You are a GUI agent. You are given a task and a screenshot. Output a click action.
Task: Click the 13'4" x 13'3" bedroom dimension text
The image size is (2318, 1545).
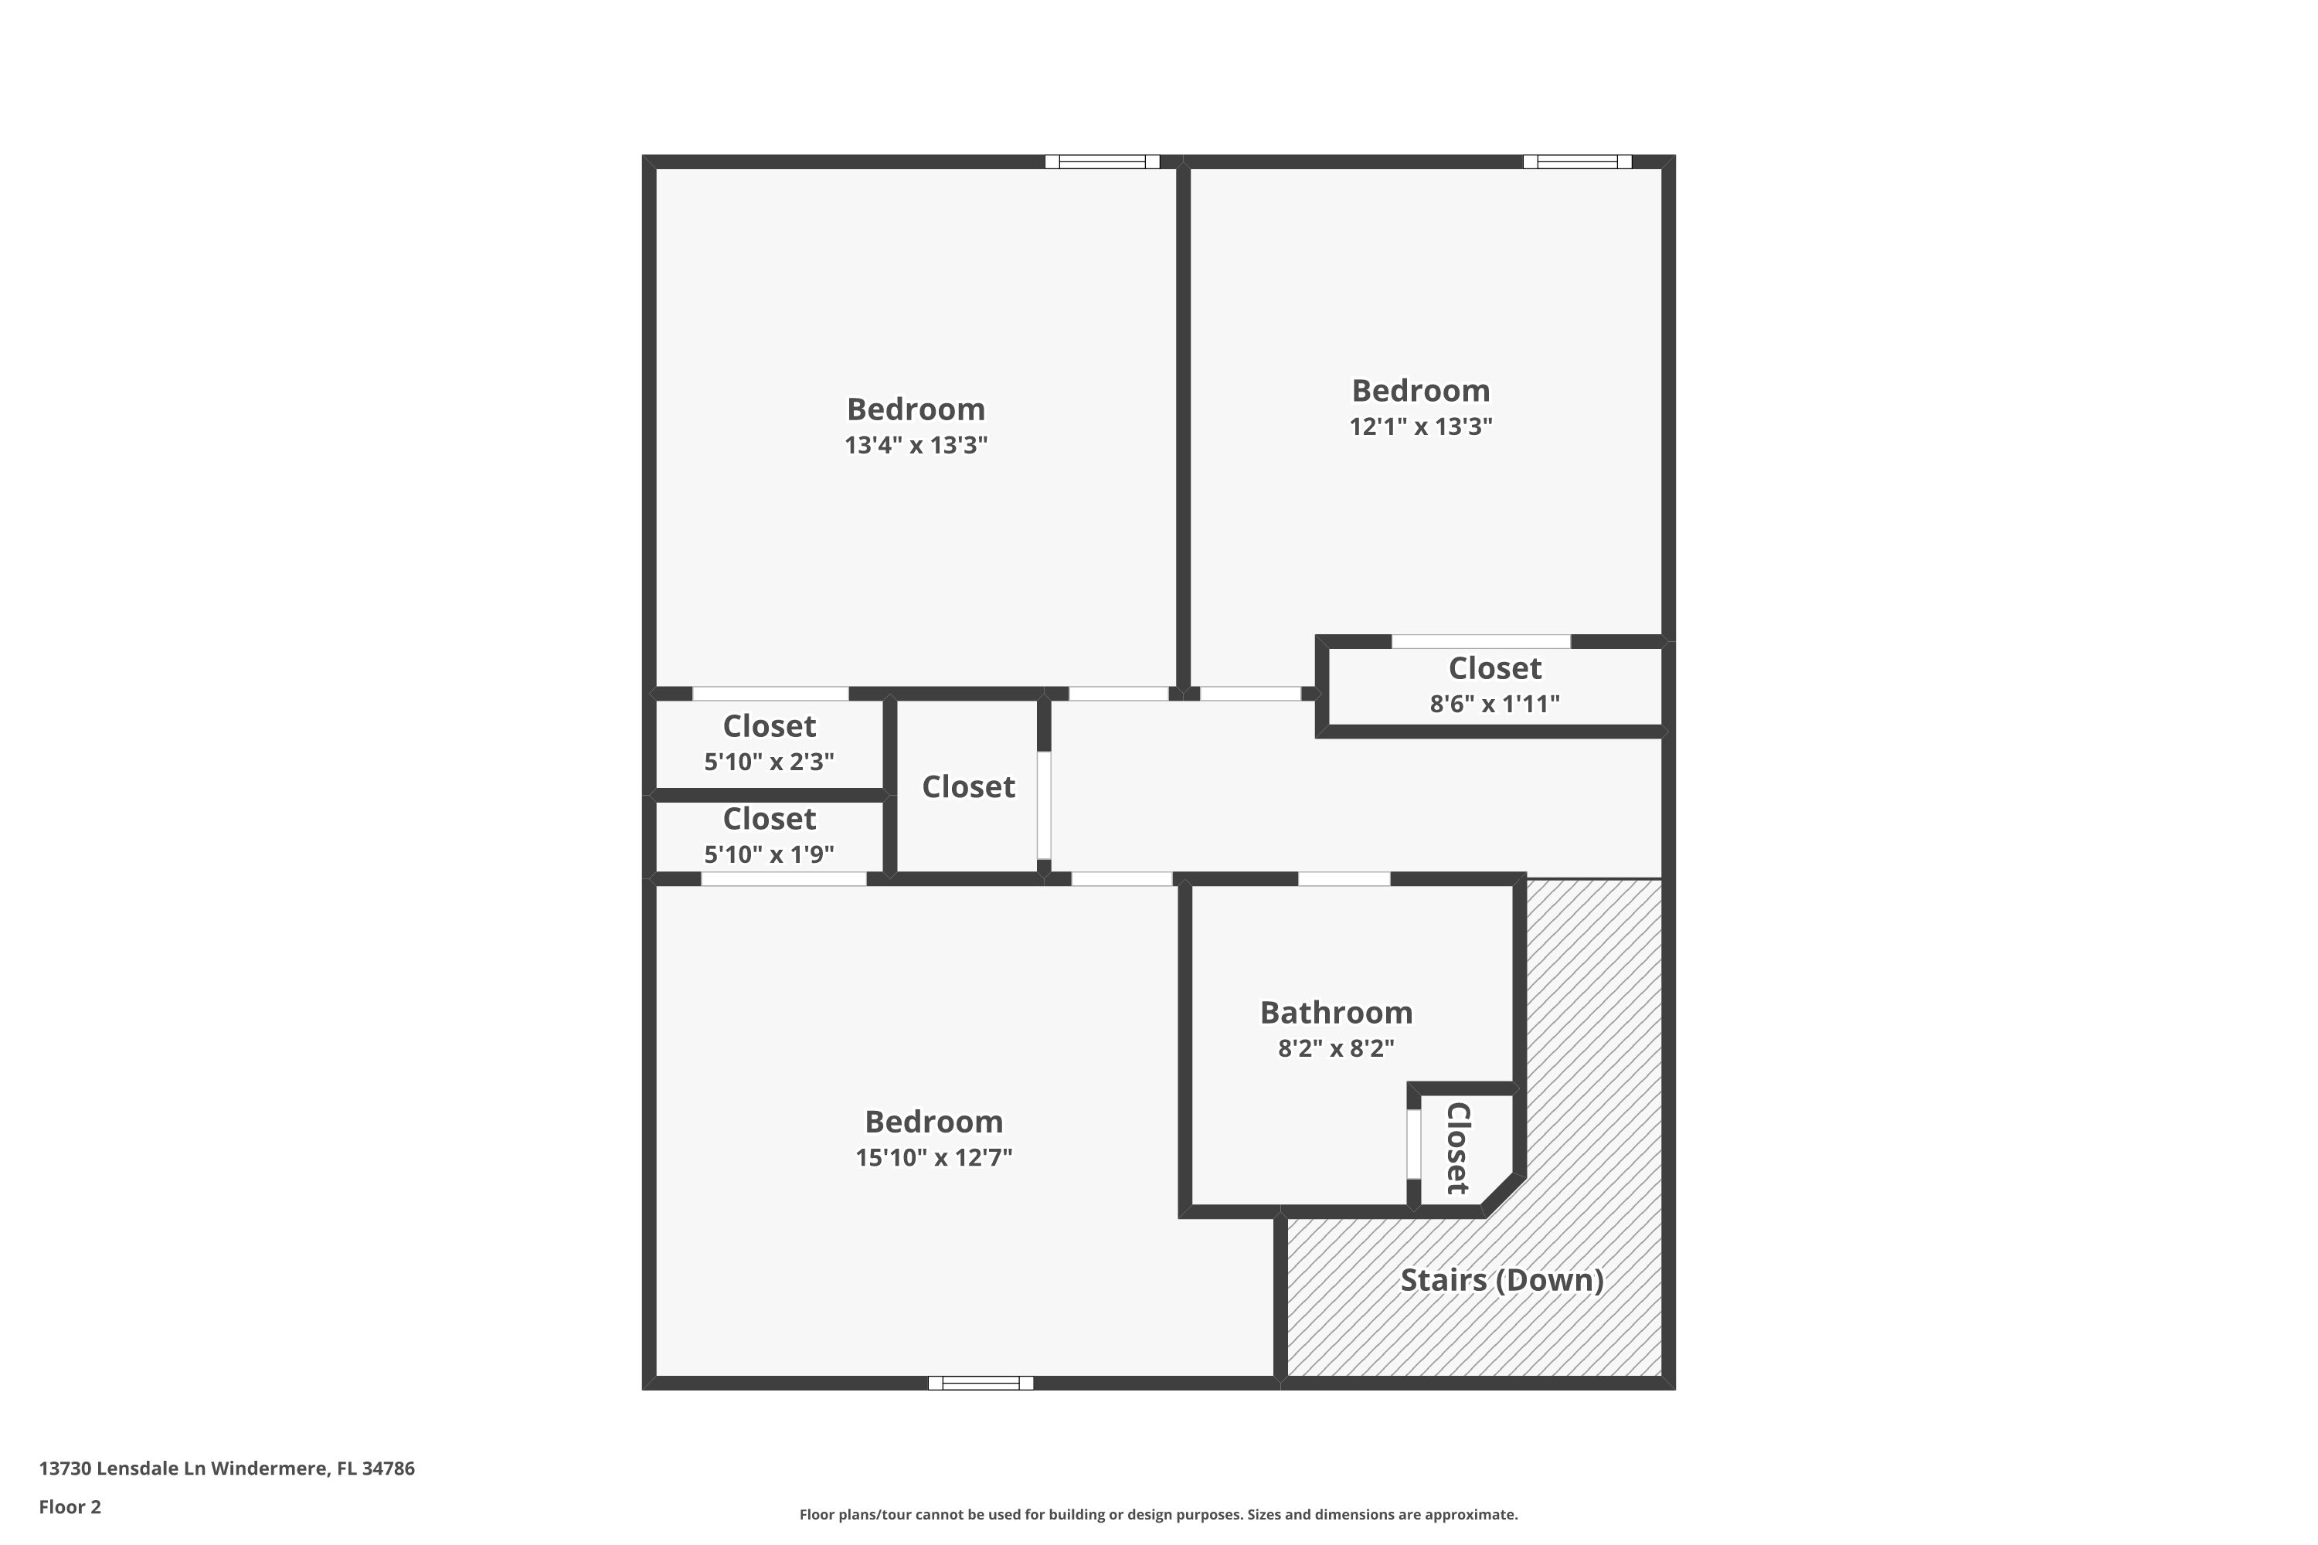(916, 446)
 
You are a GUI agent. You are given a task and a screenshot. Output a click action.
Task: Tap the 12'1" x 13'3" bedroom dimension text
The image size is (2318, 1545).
(1420, 426)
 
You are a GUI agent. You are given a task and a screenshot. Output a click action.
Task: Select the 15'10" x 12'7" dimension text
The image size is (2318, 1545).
(933, 1158)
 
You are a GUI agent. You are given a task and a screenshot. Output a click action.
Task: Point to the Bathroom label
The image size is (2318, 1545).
(1335, 1013)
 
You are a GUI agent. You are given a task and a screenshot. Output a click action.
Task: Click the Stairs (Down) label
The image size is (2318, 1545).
(1501, 1281)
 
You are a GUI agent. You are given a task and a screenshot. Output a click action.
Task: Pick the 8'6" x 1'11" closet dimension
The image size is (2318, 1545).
(1494, 705)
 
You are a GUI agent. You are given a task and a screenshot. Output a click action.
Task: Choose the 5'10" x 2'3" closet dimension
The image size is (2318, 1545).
(769, 762)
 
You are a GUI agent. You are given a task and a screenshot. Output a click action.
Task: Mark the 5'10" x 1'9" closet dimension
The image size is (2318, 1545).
(769, 854)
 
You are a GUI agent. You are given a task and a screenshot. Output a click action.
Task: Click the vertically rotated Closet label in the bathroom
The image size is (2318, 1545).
(1457, 1148)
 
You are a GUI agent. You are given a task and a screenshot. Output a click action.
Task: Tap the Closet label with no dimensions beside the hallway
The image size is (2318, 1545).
(968, 787)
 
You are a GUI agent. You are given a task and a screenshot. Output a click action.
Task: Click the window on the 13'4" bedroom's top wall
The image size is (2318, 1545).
(1102, 161)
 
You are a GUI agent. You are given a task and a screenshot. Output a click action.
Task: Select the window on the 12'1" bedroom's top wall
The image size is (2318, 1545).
(1577, 161)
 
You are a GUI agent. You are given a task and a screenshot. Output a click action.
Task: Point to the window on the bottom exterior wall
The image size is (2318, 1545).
(981, 1384)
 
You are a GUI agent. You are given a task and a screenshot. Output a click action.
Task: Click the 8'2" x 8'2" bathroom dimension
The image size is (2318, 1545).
(1335, 1048)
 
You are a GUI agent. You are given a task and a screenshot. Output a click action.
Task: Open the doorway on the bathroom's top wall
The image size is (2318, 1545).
(1344, 879)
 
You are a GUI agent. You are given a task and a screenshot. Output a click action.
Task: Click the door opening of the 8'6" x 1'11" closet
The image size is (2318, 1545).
(1480, 641)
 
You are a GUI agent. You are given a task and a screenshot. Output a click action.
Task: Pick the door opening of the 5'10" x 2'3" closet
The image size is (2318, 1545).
(770, 694)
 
